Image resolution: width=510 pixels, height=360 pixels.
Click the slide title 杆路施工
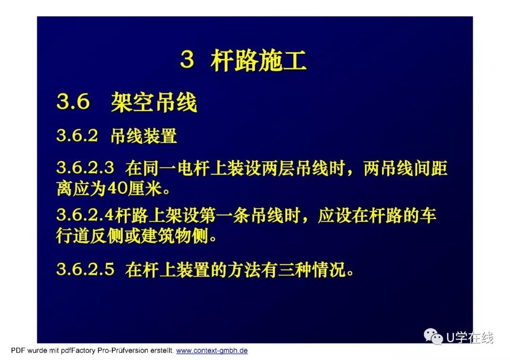[x=259, y=61]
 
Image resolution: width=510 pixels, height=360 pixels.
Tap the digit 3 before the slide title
[x=187, y=59]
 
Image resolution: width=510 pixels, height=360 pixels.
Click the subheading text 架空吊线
[x=154, y=102]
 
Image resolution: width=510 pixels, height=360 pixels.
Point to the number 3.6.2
[x=77, y=135]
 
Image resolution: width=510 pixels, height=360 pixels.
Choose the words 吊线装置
[x=144, y=135]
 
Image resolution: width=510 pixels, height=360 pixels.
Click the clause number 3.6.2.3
[x=85, y=167]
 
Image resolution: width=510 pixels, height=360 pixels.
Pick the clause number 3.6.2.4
[x=85, y=215]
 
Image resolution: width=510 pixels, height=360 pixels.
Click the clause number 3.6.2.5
[x=85, y=269]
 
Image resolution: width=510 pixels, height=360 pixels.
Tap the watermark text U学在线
[x=470, y=337]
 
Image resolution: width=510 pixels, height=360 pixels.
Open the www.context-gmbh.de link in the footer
[x=212, y=351]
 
